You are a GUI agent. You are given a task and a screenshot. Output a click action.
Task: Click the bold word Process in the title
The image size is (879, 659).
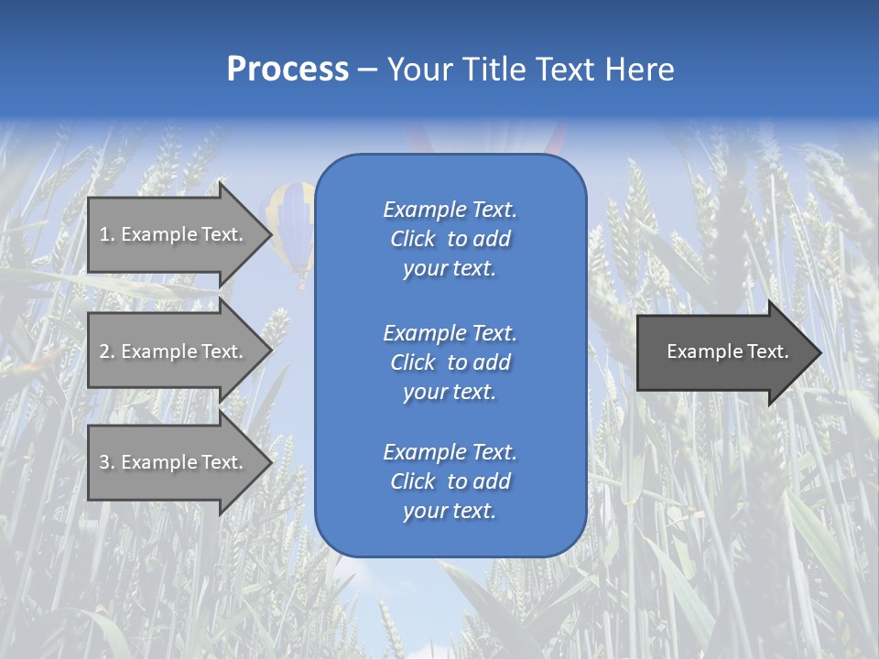pyautogui.click(x=288, y=70)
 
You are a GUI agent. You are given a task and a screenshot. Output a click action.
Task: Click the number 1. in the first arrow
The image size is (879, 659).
pyautogui.click(x=107, y=234)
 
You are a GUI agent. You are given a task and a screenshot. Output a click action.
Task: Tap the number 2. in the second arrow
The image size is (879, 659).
pyautogui.click(x=107, y=351)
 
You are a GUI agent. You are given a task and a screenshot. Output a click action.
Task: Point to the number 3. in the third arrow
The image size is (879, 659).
pyautogui.click(x=107, y=462)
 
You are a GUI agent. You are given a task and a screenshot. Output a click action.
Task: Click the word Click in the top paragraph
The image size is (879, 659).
pyautogui.click(x=413, y=240)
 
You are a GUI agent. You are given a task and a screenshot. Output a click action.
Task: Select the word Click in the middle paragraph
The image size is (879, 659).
pyautogui.click(x=413, y=363)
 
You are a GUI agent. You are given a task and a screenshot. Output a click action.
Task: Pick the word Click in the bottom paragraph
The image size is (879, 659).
pyautogui.click(x=413, y=482)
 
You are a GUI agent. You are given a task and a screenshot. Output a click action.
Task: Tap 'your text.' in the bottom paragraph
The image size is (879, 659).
pyautogui.click(x=450, y=512)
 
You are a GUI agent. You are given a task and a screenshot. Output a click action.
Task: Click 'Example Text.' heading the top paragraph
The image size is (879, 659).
pyautogui.click(x=450, y=211)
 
